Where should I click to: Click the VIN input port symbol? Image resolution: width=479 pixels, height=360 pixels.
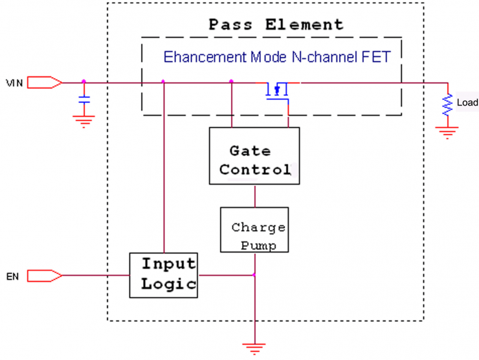[x=45, y=82]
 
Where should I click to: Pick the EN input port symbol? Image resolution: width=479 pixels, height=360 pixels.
[x=45, y=276]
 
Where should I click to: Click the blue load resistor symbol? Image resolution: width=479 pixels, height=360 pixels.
[x=447, y=104]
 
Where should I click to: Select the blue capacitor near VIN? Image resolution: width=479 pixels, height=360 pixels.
[x=84, y=100]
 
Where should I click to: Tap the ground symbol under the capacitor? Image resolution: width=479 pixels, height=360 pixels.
[x=84, y=120]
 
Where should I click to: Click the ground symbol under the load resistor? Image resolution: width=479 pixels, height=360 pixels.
[x=447, y=132]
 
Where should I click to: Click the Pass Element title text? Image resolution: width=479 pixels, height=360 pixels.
[x=276, y=25]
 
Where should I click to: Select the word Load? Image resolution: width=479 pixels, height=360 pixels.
[x=467, y=103]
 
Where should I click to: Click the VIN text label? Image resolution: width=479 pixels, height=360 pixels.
[x=14, y=83]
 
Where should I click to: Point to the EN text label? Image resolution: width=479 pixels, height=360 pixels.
[x=12, y=277]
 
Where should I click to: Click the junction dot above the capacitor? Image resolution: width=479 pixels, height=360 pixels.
[x=84, y=82]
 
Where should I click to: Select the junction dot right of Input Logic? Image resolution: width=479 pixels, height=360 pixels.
[x=254, y=276]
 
